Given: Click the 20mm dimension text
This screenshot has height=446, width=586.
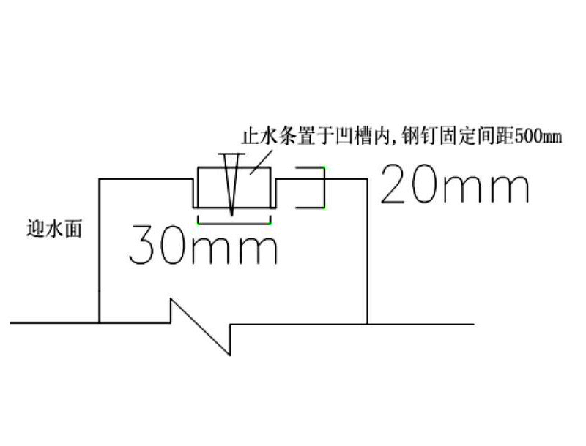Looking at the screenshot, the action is pyautogui.click(x=455, y=184).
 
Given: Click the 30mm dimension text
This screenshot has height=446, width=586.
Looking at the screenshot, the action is pyautogui.click(x=204, y=245).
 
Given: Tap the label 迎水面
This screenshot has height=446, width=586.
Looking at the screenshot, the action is pyautogui.click(x=53, y=228).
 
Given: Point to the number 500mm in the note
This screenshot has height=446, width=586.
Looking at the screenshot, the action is pyautogui.click(x=538, y=137).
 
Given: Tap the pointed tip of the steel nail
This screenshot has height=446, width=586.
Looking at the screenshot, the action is pyautogui.click(x=231, y=215).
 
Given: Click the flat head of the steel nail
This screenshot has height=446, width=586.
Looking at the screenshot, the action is pyautogui.click(x=231, y=154).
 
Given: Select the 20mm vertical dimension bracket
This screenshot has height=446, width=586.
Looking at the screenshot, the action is pyautogui.click(x=310, y=187).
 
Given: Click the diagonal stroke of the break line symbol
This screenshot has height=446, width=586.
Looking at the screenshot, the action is pyautogui.click(x=200, y=327).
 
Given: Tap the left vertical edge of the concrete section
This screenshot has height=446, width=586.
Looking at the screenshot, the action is pyautogui.click(x=100, y=251).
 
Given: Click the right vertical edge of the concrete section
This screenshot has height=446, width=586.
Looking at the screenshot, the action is pyautogui.click(x=367, y=252).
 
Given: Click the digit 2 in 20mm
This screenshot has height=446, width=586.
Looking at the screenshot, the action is pyautogui.click(x=393, y=184).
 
